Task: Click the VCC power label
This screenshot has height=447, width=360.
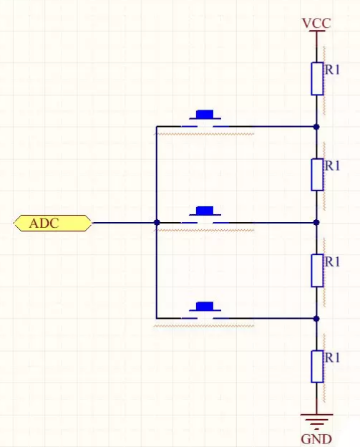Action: (x=316, y=24)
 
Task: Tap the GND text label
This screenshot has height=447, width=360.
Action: (x=316, y=439)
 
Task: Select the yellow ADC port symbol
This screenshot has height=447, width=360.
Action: (x=53, y=223)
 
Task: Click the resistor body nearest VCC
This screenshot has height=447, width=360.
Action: (x=317, y=79)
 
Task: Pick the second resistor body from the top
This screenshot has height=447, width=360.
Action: (x=317, y=175)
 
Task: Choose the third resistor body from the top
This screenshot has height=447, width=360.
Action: (x=317, y=271)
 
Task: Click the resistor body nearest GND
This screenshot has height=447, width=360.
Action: (x=317, y=366)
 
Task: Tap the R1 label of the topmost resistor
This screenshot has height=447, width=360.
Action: (x=332, y=69)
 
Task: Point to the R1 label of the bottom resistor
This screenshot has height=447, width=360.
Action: (x=332, y=357)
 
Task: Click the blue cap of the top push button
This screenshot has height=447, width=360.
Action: (x=205, y=115)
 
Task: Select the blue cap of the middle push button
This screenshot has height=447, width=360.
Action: (x=205, y=211)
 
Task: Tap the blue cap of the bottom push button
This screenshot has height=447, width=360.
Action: (x=205, y=306)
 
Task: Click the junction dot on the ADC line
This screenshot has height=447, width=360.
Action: (x=157, y=222)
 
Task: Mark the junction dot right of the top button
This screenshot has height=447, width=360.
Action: (x=316, y=127)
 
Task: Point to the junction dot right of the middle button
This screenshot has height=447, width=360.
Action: (x=316, y=222)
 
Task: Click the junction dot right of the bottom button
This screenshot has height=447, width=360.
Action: (x=316, y=319)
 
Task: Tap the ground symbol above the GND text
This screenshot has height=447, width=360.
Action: (x=316, y=422)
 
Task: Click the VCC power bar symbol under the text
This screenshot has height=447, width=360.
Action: (x=316, y=31)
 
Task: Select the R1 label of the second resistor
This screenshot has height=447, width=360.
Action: (x=332, y=165)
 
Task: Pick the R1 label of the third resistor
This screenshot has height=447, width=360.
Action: (x=332, y=261)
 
